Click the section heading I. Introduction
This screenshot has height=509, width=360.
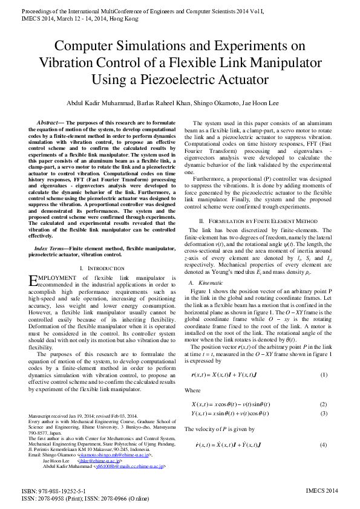102,267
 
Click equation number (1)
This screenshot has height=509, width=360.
324,375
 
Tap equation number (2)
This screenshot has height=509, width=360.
324,404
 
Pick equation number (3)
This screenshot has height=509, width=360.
324,413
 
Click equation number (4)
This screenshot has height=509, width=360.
324,445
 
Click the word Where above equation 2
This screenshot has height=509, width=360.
193,391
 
